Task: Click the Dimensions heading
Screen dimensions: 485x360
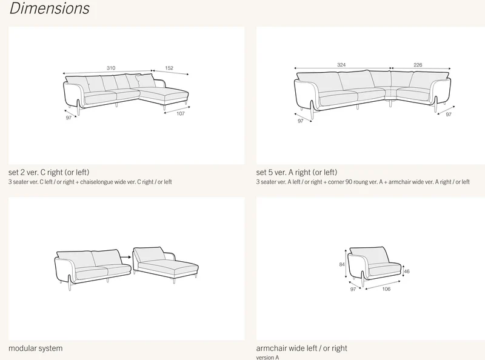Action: click(x=50, y=8)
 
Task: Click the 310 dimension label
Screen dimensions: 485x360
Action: click(x=111, y=68)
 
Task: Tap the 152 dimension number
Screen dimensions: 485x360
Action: click(x=169, y=68)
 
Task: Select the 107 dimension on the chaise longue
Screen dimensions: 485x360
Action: click(x=181, y=113)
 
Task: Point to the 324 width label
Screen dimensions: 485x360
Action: click(x=341, y=65)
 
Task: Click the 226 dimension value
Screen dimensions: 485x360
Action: click(x=418, y=65)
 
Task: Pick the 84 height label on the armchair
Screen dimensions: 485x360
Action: click(x=342, y=264)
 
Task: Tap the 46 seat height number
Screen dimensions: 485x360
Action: click(x=407, y=272)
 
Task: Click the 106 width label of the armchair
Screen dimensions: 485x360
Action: click(x=386, y=289)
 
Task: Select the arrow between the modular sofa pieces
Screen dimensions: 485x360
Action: click(x=125, y=257)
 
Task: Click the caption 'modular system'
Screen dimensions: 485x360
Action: click(x=36, y=348)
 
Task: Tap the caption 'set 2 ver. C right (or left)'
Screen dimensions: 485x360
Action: click(x=49, y=172)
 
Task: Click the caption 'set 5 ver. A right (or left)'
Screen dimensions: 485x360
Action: click(x=296, y=172)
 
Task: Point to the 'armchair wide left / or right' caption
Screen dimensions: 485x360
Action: click(x=301, y=348)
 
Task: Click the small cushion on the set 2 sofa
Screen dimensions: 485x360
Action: click(x=145, y=81)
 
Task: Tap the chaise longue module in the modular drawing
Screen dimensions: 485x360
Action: click(x=166, y=264)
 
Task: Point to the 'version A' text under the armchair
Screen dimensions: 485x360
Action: click(x=267, y=358)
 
